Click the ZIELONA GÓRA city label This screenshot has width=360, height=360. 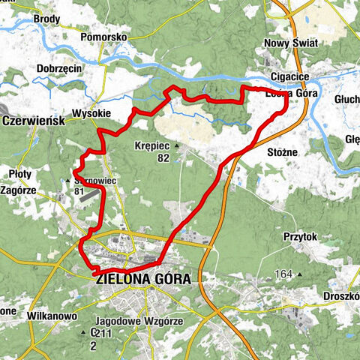pyautogui.click(x=144, y=278)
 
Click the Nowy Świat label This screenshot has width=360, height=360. pyautogui.click(x=289, y=43)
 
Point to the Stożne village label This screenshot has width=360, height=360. pyautogui.click(x=283, y=152)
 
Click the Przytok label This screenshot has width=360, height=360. pyautogui.click(x=301, y=237)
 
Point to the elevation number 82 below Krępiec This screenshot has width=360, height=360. pyautogui.click(x=163, y=159)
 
